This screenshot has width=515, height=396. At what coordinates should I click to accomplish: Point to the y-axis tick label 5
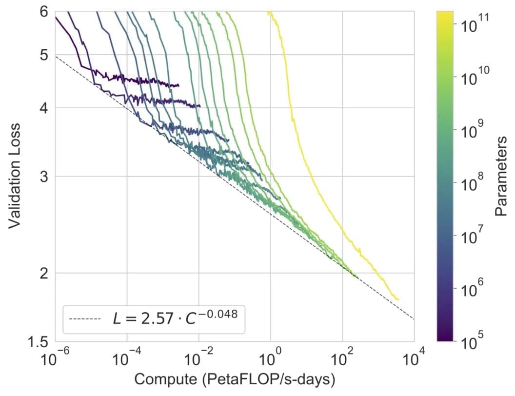click(43, 55)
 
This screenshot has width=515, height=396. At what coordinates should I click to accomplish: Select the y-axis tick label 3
click(43, 177)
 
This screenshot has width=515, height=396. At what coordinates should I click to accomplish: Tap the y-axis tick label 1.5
click(39, 341)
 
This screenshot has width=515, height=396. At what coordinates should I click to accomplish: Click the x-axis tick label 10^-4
click(126, 360)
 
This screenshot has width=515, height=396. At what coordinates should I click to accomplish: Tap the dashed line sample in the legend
click(85, 319)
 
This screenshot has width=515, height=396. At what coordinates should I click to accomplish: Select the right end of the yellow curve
click(398, 299)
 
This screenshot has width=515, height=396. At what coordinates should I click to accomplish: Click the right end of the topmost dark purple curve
click(178, 85)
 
